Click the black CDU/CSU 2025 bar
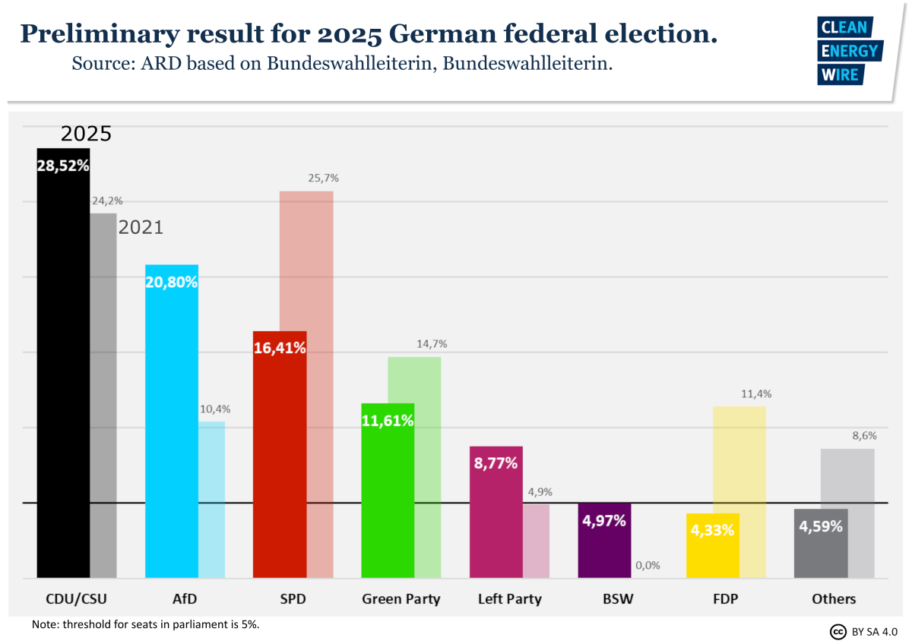[63, 365]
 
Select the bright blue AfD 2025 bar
[172, 425]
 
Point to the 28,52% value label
[63, 166]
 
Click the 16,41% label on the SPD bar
[280, 348]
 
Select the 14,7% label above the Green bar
[432, 344]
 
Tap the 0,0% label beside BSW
[648, 565]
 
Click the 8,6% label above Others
[863, 436]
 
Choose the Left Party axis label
[509, 598]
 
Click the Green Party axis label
[401, 598]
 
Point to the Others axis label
[833, 598]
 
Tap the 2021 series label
[141, 227]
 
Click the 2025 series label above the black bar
[86, 134]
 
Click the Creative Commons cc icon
[838, 631]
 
